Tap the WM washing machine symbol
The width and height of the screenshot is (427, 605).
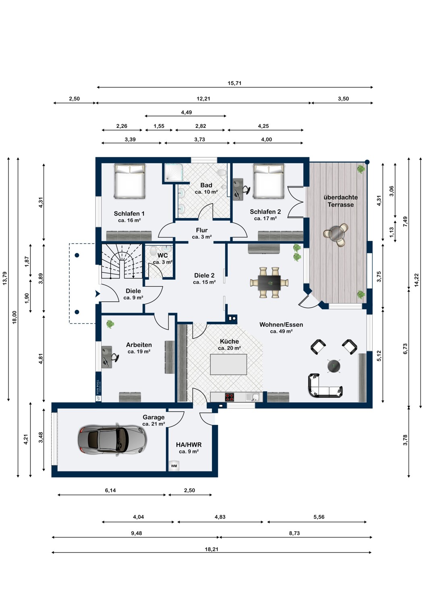click(174, 465)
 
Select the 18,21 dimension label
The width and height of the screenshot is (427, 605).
click(211, 549)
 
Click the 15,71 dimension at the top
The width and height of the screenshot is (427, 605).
click(234, 83)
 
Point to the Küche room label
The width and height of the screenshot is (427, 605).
click(229, 341)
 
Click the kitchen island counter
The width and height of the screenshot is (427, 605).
click(228, 364)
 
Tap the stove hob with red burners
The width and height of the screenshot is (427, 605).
click(230, 397)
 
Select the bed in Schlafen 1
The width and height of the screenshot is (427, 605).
click(130, 181)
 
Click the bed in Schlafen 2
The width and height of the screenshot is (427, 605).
click(269, 181)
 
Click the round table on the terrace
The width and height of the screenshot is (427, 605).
click(336, 233)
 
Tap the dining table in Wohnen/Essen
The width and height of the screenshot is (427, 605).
click(269, 282)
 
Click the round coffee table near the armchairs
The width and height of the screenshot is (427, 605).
click(334, 366)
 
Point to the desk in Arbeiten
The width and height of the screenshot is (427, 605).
click(106, 357)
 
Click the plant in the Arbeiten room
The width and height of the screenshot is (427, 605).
click(110, 324)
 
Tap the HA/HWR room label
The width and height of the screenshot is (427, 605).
click(189, 444)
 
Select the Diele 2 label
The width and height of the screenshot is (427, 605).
click(204, 275)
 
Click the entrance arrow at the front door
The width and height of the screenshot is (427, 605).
click(97, 294)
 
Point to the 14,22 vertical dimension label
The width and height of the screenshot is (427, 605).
click(417, 280)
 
